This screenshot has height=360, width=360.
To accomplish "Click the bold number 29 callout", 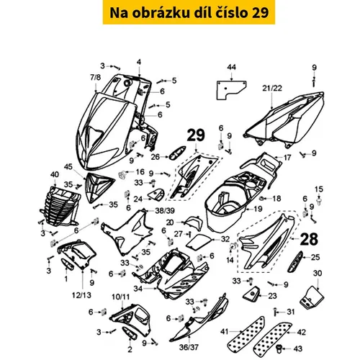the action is coord(196,135).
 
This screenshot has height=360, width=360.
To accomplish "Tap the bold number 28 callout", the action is coord(309,239).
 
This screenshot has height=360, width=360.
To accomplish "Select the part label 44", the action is coord(231,67).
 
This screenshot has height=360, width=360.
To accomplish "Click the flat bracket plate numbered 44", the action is coord(231,90).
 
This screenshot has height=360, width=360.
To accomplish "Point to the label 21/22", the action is coord(272,89).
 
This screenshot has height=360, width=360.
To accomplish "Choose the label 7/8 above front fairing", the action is coord(96,77).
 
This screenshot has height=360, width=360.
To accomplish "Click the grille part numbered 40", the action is coord(60,206).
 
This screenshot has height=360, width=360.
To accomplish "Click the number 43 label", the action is coord(297,348).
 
